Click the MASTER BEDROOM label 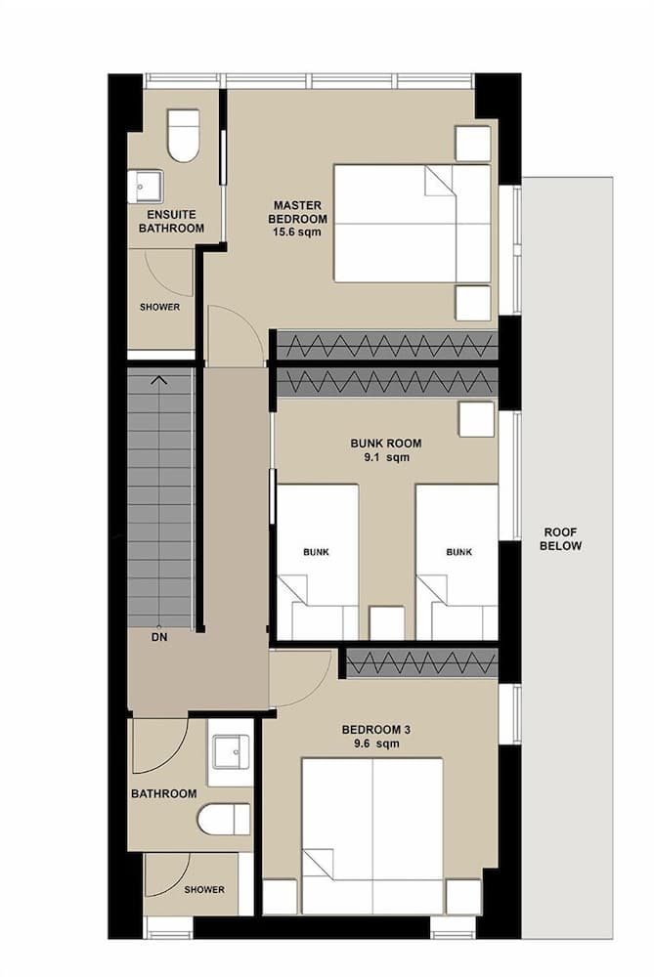coord(299,212)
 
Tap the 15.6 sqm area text coord(299,234)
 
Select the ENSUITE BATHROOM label coord(171,221)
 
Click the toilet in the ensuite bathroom coord(183,136)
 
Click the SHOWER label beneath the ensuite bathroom coord(159,307)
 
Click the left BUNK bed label coord(316,552)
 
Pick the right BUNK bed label coord(458,552)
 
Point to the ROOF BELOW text coord(560,539)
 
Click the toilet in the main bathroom coord(224,820)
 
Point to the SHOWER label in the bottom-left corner coord(204,890)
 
